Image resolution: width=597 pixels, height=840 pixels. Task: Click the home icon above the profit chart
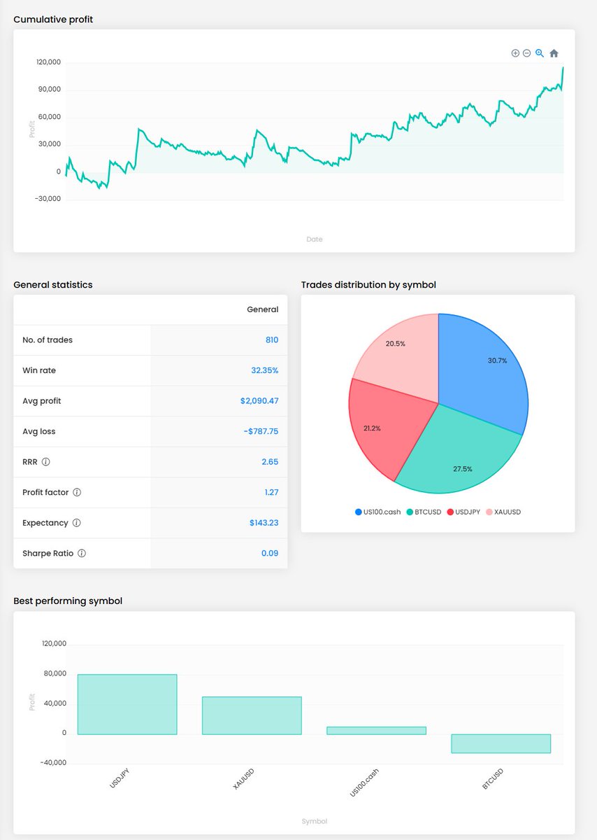point(554,53)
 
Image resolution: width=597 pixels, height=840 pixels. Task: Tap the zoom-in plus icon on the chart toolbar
point(515,53)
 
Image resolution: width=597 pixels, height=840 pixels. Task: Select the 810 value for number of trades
point(271,340)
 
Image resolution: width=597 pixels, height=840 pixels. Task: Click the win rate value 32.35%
point(264,370)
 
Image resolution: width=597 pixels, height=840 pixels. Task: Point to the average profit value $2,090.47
point(259,401)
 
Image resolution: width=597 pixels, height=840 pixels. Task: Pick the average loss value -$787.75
point(261,431)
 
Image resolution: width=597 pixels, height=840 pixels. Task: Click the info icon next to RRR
point(45,462)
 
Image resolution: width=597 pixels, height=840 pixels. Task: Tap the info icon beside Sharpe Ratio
point(81,553)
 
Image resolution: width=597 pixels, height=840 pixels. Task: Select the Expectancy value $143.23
point(264,523)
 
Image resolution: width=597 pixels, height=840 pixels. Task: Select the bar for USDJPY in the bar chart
point(127,704)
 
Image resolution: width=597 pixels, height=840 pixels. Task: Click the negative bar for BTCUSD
point(501,743)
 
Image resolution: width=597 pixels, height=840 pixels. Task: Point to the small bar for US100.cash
point(376,730)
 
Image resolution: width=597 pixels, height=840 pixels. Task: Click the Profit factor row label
point(45,492)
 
